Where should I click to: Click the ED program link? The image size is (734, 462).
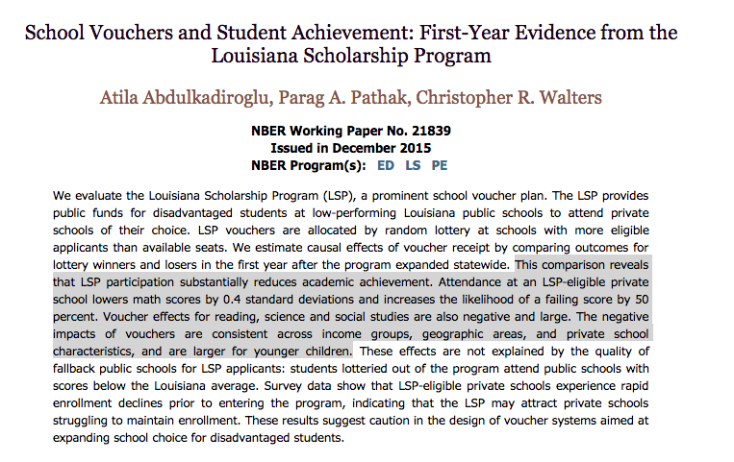[x=386, y=165]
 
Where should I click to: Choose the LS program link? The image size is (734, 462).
[x=413, y=165]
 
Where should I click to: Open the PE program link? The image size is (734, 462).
[x=439, y=165]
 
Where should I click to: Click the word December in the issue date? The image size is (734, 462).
[x=367, y=148]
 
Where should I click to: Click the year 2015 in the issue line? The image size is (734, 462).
[x=416, y=148]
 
